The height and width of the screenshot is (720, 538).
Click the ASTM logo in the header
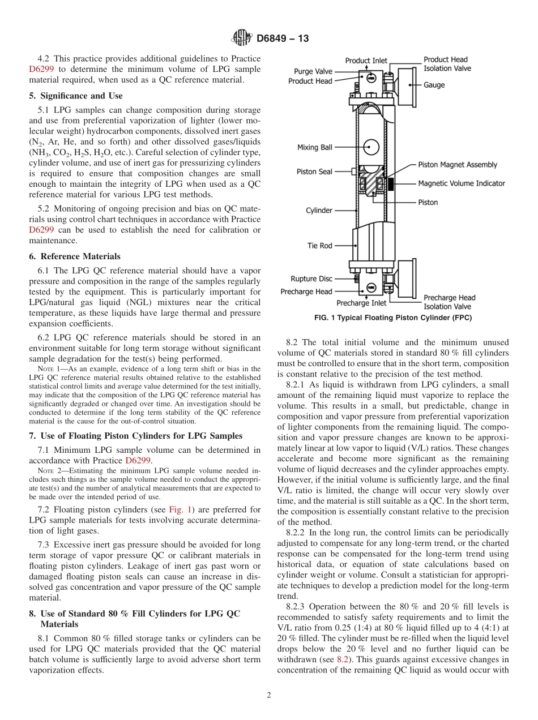[242, 38]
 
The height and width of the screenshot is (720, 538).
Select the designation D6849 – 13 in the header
[283, 39]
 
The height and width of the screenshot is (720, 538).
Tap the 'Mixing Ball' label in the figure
[314, 147]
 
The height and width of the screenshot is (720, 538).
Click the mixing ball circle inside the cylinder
[370, 147]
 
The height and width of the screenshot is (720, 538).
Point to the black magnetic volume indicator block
[391, 183]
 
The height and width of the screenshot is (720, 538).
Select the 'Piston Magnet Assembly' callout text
[457, 165]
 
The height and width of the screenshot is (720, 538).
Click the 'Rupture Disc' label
[311, 278]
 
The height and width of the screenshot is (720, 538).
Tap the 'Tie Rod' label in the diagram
[319, 246]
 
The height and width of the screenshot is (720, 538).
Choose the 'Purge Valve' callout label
[313, 71]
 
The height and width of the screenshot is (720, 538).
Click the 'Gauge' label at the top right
[434, 85]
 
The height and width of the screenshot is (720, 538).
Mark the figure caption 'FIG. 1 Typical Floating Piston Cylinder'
[392, 318]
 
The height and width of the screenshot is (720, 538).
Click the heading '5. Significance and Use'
[75, 96]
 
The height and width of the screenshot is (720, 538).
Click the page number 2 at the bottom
[268, 696]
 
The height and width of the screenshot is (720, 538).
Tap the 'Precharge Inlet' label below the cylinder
[361, 303]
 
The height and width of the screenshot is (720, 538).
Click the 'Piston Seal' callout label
[314, 172]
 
